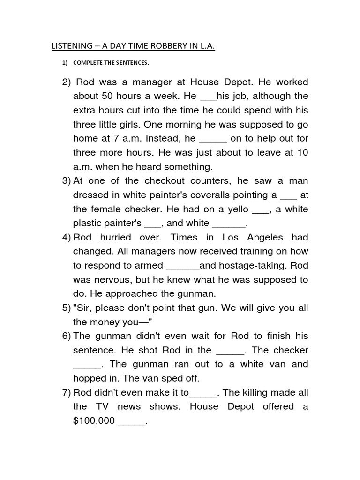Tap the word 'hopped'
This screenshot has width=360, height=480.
(x=90, y=378)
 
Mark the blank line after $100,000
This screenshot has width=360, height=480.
(x=131, y=421)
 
